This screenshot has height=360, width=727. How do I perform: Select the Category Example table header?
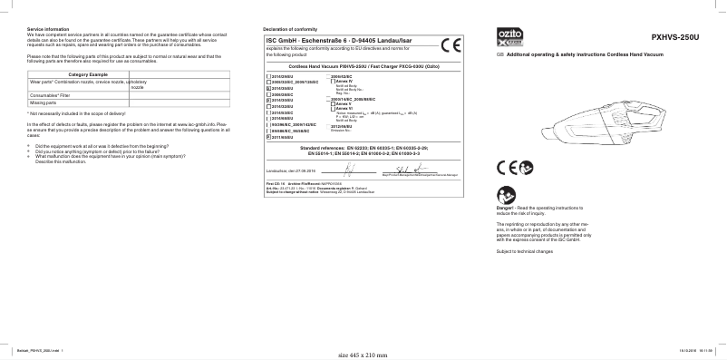(x=88, y=73)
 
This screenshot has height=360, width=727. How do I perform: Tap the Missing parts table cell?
(x=44, y=102)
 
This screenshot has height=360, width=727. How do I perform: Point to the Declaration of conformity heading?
(x=291, y=30)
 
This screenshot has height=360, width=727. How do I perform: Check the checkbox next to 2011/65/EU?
(x=267, y=137)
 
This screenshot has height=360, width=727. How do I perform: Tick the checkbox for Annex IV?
(x=333, y=82)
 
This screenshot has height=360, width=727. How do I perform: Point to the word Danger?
(x=506, y=208)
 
